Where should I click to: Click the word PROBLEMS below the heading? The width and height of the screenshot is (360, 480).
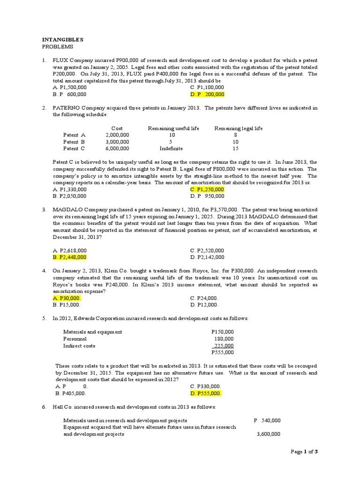pos(58,47)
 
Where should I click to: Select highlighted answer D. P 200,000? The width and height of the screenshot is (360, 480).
pos(207,94)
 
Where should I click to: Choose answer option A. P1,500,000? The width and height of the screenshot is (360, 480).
pos(69,87)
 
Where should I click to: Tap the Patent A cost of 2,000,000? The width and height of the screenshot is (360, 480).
pos(117,135)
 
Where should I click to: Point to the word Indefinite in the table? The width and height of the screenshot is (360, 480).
pos(171,149)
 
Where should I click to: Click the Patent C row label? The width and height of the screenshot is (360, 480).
pos(74,149)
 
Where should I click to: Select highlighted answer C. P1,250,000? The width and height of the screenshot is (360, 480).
pos(207,189)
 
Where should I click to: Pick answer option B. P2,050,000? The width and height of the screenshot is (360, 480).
pos(69,196)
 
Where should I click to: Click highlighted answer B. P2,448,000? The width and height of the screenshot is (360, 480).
pos(69,257)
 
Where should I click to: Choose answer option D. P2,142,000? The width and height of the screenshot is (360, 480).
pos(207,257)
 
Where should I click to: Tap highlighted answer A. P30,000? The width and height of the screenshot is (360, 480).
pos(67,298)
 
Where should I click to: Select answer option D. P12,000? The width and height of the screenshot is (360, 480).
pos(204,305)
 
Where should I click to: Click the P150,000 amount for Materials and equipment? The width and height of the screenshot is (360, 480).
pos(223,332)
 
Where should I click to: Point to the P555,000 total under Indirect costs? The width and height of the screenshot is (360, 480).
pos(223,352)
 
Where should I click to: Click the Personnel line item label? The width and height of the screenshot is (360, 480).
pos(75,339)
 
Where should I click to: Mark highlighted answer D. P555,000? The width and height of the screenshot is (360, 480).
pos(206,393)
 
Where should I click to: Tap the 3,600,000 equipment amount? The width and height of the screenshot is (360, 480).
pos(268,434)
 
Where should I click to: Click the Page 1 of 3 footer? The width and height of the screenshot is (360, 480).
pos(304,451)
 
